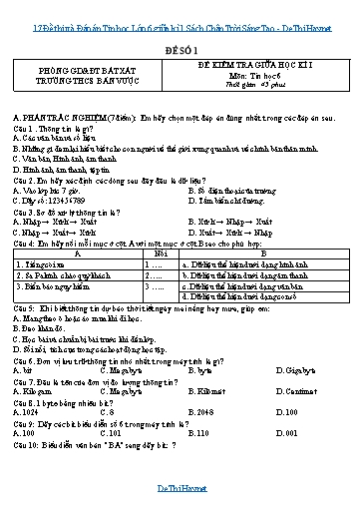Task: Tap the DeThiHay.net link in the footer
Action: coord(181,487)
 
